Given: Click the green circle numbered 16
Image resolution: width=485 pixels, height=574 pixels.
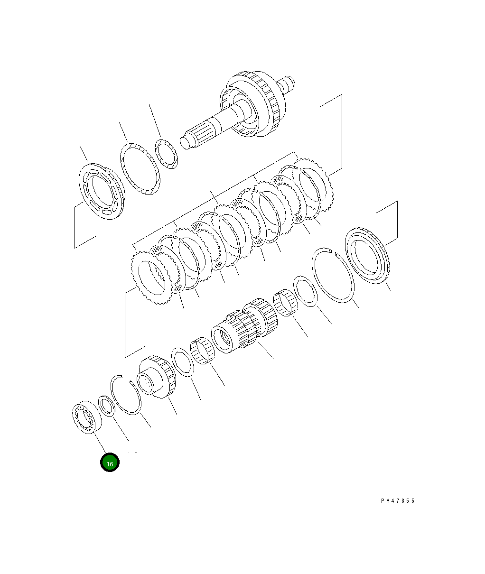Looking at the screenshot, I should click(x=110, y=463).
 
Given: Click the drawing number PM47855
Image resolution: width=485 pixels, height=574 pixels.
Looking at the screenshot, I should click(x=397, y=501).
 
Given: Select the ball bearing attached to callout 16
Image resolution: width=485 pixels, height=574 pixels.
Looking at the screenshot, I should click(x=87, y=417).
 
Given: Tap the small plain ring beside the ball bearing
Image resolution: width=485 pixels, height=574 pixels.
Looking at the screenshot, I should click(x=107, y=406).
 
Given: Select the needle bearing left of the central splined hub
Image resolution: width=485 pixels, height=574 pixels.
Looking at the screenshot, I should click(x=203, y=351).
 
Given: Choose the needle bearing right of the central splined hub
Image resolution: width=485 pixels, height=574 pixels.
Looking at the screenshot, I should click(x=286, y=302).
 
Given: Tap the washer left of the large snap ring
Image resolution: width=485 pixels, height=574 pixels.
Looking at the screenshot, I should click(x=305, y=290).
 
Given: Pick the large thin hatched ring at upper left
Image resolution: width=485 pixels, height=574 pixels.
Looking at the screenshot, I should click(x=139, y=168).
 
